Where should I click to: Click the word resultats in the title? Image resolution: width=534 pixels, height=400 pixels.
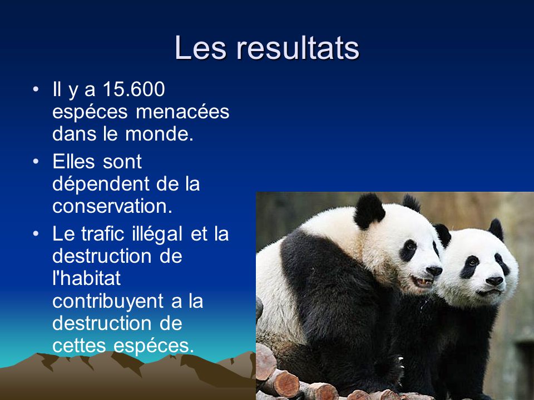(298, 48)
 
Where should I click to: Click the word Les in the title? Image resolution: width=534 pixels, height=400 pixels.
(200, 48)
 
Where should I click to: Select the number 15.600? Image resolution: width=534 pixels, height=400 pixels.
(133, 89)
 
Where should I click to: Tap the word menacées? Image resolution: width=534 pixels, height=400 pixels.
(182, 112)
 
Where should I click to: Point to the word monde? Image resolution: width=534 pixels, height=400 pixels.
(160, 134)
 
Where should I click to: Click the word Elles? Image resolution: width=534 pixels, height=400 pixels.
(73, 161)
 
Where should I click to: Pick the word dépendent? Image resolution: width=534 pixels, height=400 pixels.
(101, 184)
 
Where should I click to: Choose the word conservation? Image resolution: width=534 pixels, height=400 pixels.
(112, 206)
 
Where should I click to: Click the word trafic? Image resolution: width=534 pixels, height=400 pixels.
(103, 234)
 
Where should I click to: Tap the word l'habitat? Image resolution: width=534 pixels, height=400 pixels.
(87, 278)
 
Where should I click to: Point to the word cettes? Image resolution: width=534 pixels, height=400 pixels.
(80, 346)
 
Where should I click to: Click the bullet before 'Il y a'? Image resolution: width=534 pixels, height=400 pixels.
(36, 89)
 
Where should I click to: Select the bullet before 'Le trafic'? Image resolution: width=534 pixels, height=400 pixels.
(36, 234)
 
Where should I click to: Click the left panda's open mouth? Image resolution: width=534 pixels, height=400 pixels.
(422, 282)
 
